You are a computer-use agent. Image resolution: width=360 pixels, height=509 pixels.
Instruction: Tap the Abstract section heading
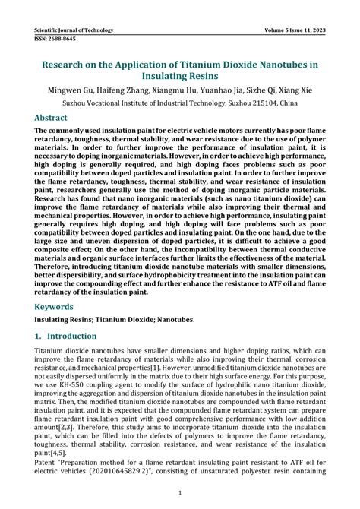[51, 119]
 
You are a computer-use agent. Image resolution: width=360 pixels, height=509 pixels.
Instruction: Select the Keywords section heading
[54, 308]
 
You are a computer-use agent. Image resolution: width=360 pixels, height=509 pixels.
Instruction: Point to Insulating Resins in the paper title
[180, 76]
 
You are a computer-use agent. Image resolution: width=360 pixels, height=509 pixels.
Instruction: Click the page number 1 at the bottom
[180, 493]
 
